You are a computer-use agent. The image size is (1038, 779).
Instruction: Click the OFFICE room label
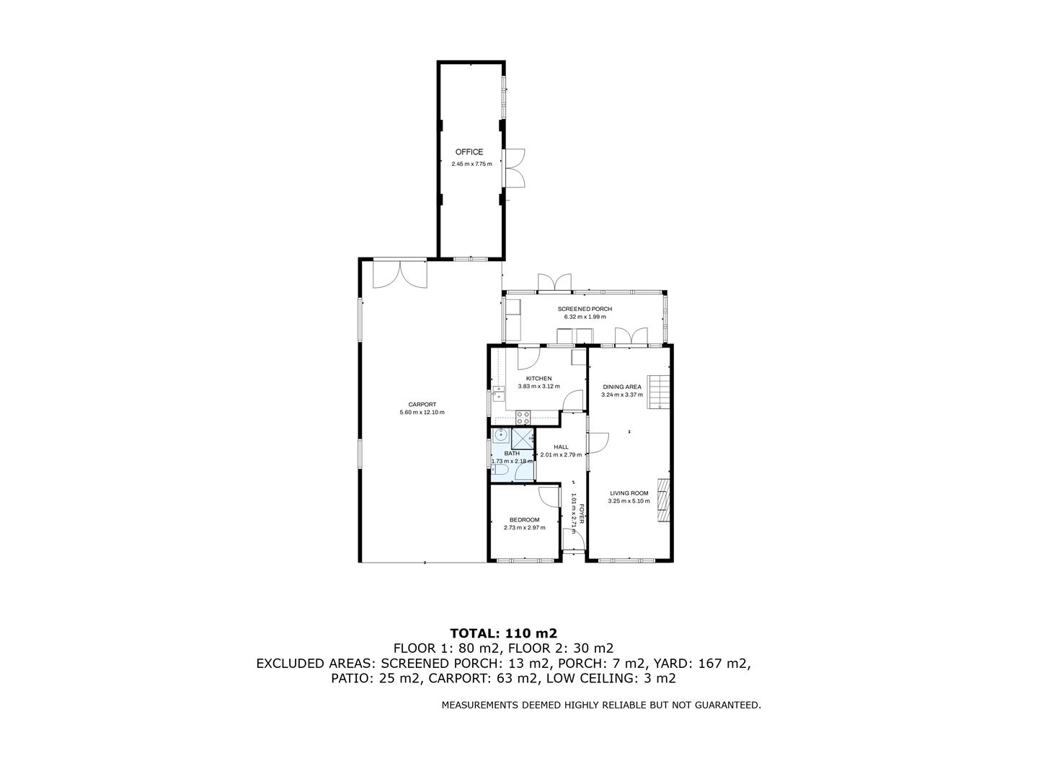coord(469,152)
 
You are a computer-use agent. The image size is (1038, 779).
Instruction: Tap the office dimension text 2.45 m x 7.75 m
coord(471,164)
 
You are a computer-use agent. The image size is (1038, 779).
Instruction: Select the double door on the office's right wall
coord(514,169)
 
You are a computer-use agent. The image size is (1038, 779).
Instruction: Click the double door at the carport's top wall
coord(400,273)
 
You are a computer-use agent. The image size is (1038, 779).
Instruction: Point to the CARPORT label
coord(422,405)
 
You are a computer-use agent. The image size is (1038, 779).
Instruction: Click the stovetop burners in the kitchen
coord(523,417)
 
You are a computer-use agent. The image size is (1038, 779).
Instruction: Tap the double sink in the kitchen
coord(497,392)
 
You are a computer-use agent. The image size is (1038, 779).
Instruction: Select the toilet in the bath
coord(502,472)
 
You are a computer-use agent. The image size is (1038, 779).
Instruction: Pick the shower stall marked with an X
coord(523,437)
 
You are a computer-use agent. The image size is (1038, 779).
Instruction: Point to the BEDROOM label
coord(524,520)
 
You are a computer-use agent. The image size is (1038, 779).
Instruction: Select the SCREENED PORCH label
coord(585,309)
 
